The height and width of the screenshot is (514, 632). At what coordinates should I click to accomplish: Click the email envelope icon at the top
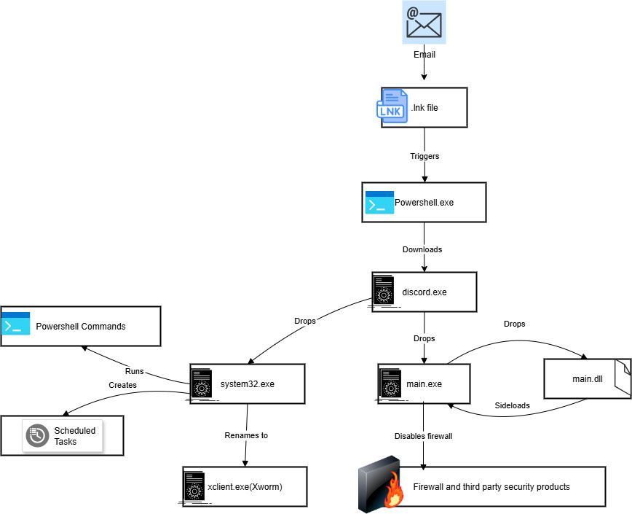424,22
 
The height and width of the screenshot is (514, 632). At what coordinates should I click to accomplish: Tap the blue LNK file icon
392,106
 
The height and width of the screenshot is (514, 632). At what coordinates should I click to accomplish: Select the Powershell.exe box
424,202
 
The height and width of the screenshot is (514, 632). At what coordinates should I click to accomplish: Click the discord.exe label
424,292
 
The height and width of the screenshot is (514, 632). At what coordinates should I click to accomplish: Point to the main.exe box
424,384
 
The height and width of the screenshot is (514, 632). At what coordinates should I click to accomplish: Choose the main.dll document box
587,378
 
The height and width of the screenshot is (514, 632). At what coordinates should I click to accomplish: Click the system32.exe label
248,383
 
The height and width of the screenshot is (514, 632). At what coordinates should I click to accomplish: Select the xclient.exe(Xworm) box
245,486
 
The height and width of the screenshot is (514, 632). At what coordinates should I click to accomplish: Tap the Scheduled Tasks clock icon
37,435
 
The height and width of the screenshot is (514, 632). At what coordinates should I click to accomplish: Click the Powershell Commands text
81,326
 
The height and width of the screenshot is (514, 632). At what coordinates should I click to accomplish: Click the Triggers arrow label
424,156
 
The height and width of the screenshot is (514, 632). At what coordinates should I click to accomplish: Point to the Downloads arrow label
422,249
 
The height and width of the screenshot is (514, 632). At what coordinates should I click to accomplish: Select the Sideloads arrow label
512,405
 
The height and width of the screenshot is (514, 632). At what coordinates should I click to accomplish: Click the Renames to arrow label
246,435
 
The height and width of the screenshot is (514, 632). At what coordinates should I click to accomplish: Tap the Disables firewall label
424,436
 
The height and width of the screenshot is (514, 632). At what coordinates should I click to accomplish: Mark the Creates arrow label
122,384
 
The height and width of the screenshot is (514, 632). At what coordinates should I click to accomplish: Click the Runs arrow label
134,371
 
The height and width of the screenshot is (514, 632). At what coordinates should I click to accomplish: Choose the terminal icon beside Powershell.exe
379,203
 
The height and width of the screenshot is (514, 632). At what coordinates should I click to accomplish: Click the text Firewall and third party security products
491,486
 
